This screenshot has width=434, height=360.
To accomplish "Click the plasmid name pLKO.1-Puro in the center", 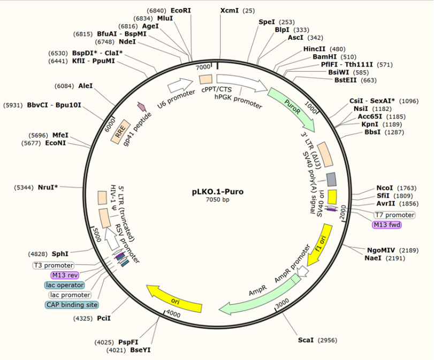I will (217, 191).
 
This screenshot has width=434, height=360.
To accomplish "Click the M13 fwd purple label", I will (386, 224).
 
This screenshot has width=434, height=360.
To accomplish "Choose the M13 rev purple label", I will (65, 275).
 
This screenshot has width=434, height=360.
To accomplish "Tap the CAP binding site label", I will (72, 305).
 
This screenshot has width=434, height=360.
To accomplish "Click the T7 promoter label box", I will (394, 215).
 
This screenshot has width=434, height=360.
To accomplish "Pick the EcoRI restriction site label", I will (180, 10).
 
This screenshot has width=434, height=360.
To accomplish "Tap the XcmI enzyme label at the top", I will (230, 10).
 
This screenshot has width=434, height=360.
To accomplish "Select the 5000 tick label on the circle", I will (96, 234).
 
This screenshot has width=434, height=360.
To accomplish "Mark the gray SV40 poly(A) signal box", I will (331, 179).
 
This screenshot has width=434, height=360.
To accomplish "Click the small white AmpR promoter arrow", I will (302, 272).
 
